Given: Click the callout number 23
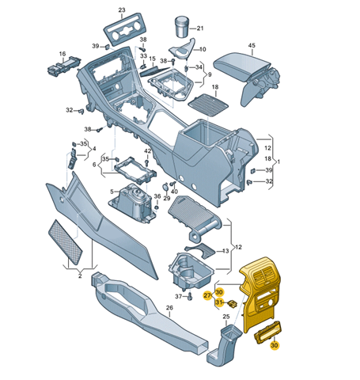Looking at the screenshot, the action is [122, 10].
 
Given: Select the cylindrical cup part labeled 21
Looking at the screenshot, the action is [182, 27].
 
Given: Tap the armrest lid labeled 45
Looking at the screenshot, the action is [241, 66].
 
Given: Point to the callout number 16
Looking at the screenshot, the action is [63, 54].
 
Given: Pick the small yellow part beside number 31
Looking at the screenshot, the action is [232, 304].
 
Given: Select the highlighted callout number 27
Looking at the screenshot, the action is [207, 295].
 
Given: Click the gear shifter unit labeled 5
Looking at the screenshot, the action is [133, 203].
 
